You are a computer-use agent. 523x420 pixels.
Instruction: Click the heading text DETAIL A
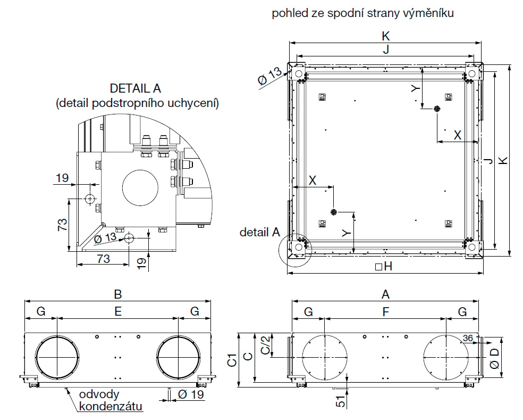point(135,88)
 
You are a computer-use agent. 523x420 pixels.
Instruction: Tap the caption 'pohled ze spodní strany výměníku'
point(363,13)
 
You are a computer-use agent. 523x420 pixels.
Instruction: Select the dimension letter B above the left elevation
point(118,294)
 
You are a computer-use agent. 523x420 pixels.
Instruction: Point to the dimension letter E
point(118,312)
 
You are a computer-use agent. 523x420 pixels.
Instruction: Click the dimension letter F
point(386,312)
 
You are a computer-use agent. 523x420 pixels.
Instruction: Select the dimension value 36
point(468,338)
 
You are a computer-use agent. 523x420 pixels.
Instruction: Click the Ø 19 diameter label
point(189,394)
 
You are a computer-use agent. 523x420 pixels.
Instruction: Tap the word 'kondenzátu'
point(111,407)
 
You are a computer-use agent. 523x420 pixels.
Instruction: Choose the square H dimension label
point(383,267)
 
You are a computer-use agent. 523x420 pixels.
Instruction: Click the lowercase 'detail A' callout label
point(259,232)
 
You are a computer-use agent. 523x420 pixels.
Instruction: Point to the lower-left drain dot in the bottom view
point(333,212)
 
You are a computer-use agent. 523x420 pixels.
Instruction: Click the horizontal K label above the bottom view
point(386,36)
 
